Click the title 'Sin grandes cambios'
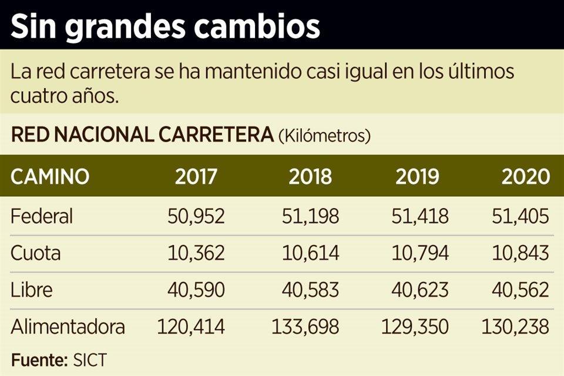[x=165, y=26]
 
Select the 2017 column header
[x=196, y=176]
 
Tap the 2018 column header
[x=310, y=176]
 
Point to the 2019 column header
[x=417, y=176]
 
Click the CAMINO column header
[x=50, y=176]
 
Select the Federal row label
[x=42, y=216]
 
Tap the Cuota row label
[x=36, y=253]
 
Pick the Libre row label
[x=32, y=290]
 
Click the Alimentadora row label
[x=68, y=327]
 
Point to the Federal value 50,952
[x=196, y=216]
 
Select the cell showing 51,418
[x=419, y=216]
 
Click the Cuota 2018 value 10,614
[x=310, y=253]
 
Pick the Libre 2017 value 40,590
[x=196, y=290]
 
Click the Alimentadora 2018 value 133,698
[x=305, y=327]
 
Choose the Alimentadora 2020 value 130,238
[x=515, y=327]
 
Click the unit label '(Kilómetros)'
[x=324, y=136]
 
